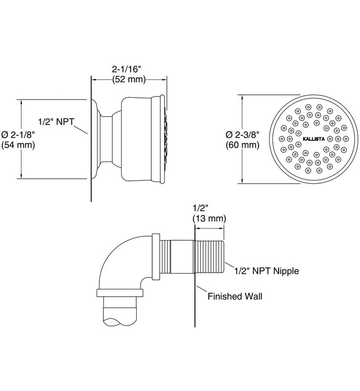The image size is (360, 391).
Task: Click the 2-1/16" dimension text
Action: coord(127,69)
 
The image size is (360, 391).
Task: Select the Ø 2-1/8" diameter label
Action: coord(18,135)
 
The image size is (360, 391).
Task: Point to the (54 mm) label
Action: coord(18,145)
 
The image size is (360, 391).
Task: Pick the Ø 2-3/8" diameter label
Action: coord(242,135)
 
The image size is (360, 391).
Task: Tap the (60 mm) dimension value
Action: coord(242,145)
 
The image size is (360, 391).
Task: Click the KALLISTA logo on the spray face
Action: coord(314,137)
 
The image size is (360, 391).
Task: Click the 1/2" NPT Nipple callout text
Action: coord(266,271)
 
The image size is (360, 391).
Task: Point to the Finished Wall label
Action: coord(234,297)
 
